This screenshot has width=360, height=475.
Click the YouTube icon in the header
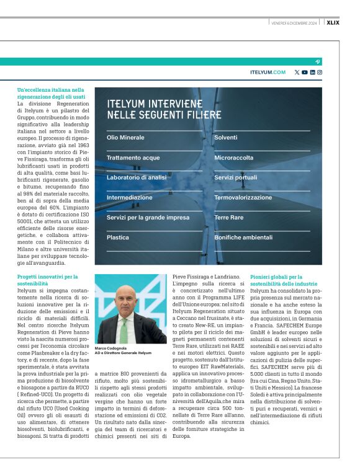[x=305, y=73]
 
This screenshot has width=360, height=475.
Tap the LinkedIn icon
[x=312, y=73]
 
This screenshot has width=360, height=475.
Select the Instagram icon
[x=320, y=73]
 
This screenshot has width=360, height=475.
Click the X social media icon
[x=297, y=73]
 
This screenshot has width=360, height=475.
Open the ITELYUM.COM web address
[x=268, y=73]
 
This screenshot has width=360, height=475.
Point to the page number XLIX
[x=350, y=23]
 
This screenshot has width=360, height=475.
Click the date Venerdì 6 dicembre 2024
[x=294, y=23]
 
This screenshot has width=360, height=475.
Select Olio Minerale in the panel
[x=125, y=137]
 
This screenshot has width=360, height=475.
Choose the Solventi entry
[x=225, y=137]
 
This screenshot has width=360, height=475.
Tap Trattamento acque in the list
[x=133, y=158]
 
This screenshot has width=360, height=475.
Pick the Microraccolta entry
[x=233, y=158]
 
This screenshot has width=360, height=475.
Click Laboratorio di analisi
[x=136, y=177]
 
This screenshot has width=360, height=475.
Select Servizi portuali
[x=235, y=177]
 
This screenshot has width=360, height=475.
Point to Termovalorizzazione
[x=243, y=197]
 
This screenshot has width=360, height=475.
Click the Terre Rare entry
[x=229, y=218]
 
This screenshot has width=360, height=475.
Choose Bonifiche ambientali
[x=243, y=238]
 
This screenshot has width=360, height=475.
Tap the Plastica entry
[x=118, y=238]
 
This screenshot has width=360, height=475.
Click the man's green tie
[x=124, y=329]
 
